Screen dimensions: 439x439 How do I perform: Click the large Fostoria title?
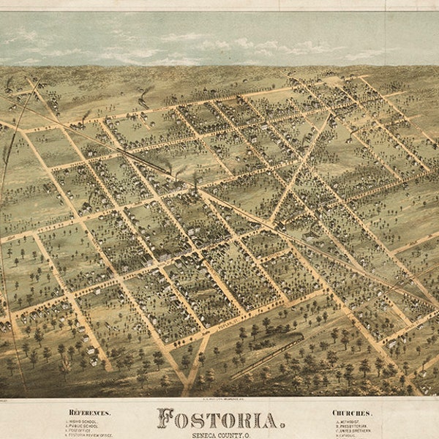(219, 419)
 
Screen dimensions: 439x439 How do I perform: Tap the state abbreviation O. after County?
(246, 435)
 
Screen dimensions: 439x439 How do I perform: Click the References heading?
(89, 413)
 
